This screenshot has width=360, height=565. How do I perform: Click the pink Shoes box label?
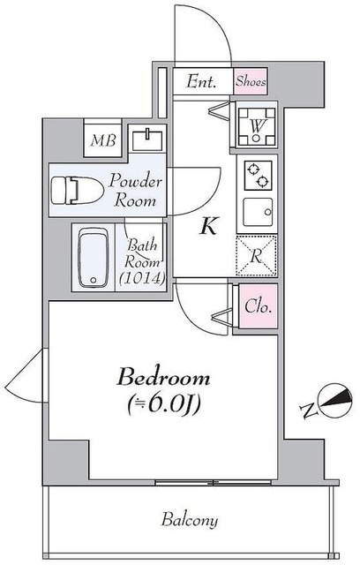pos(251,81)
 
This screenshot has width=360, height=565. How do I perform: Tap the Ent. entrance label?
pos(203,81)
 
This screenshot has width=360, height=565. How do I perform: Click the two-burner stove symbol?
pos(257,175)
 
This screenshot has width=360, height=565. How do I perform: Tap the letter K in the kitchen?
pos(208,226)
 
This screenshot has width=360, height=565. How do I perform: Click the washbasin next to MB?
pos(146,139)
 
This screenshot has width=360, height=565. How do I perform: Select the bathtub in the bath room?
pos(93,257)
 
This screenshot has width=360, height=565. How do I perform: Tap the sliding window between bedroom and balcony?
pos(190,482)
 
